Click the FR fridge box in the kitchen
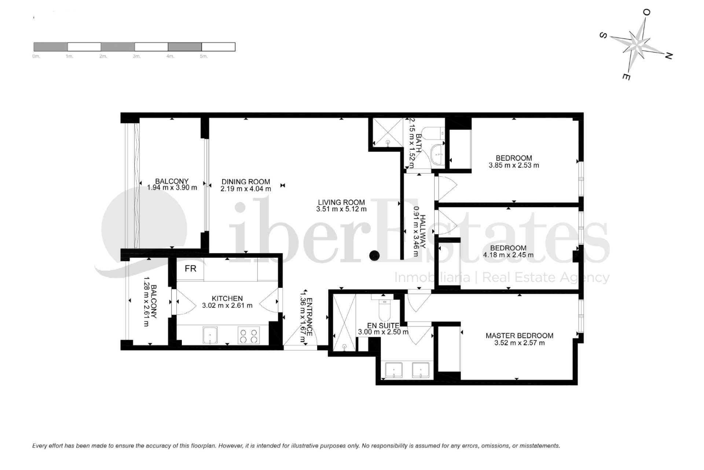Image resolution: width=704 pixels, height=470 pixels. pos(190,269)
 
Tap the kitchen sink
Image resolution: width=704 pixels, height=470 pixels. pos(210,335)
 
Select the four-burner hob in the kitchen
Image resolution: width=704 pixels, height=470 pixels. pos(248,335)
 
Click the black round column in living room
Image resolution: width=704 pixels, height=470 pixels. pos(374,255)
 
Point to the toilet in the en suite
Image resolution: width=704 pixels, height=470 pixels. pos(385,311)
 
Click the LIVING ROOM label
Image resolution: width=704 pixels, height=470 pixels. pos(341,202)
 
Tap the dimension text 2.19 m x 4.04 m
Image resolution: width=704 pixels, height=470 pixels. pos(246,189)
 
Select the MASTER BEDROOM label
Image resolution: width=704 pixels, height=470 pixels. pos(519,335)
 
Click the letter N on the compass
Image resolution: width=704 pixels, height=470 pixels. pos(668,56)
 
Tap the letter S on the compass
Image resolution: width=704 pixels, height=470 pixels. pos(602,36)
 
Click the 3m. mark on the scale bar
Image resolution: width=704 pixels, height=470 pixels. pos(136,56)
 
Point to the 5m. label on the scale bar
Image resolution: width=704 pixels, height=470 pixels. pos(204,56)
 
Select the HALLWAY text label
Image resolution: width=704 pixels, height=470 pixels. pos(423,231)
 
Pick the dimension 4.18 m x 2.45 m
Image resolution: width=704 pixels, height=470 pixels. pos(508,255)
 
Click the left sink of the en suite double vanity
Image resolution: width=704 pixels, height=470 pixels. pos(393,370)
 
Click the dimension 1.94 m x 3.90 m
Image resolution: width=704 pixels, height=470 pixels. pos(172,188)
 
